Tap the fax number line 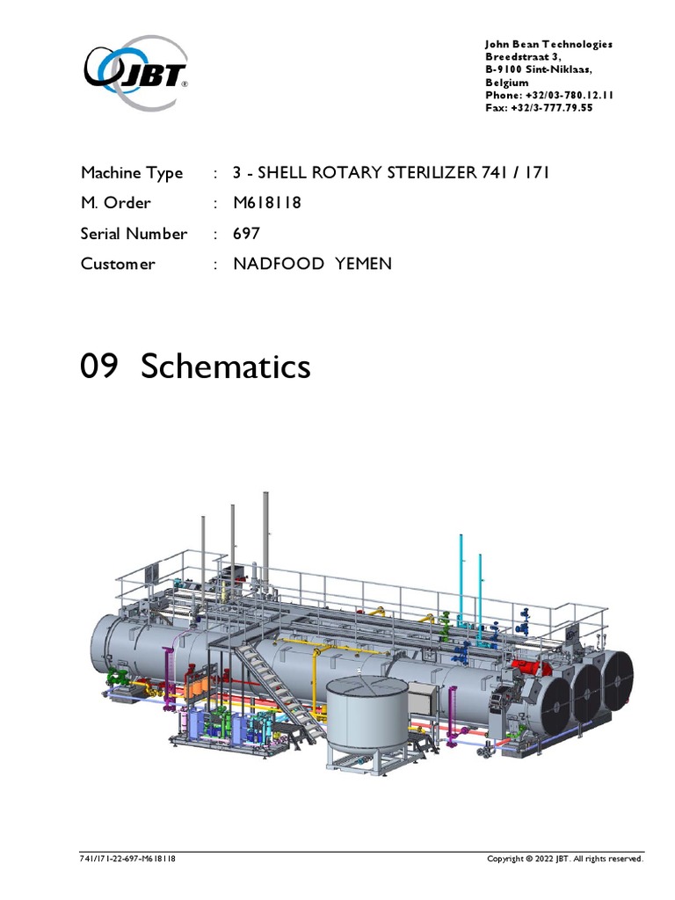(539, 109)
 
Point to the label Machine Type (132, 173)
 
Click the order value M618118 (267, 203)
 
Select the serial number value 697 (247, 234)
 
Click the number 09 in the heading (98, 366)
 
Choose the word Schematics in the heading (225, 366)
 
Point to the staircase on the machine (272, 686)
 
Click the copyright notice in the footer (565, 859)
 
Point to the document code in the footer (127, 859)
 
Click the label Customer (118, 264)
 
